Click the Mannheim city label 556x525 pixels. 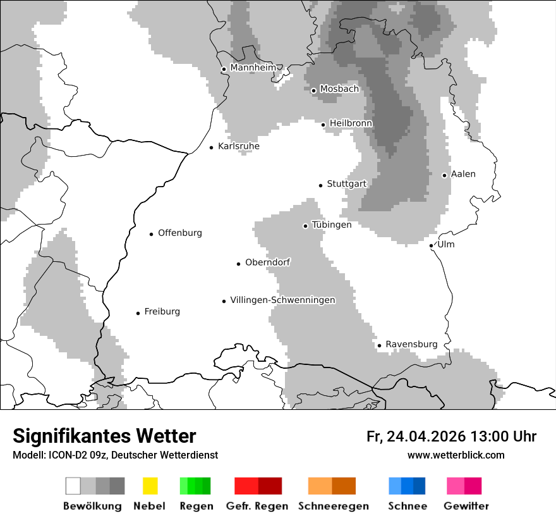(253, 68)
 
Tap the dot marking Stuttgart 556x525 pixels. (320, 185)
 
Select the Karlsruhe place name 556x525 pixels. (239, 146)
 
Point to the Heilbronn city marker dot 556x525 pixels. (323, 125)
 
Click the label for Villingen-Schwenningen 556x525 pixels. (282, 300)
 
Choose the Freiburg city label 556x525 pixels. (162, 312)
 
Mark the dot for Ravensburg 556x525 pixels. (379, 345)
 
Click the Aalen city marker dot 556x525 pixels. (444, 175)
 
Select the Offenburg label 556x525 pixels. (180, 233)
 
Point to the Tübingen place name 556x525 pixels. (332, 225)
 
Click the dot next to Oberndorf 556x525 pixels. (238, 264)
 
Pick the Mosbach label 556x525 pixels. (339, 89)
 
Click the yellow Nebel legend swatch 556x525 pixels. (150, 486)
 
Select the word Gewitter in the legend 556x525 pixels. (466, 506)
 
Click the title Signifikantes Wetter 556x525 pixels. (104, 436)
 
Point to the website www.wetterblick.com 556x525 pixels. (456, 455)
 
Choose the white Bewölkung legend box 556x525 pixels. (73, 486)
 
